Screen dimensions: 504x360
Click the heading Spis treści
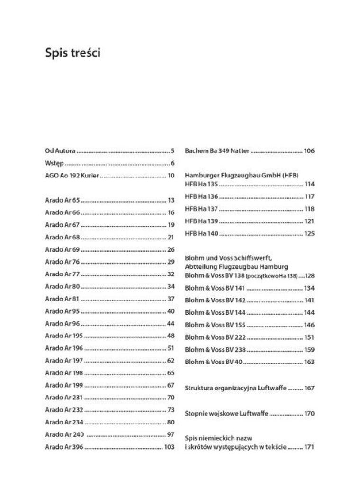72,53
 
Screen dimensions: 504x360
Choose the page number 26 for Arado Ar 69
171,249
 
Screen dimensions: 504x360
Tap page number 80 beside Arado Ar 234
171,422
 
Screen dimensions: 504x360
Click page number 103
169,447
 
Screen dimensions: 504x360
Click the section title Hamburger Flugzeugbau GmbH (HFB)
242,175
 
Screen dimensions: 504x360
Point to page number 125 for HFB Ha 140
309,233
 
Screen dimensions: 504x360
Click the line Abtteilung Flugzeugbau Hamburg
236,266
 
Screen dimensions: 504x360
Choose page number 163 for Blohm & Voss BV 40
309,362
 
